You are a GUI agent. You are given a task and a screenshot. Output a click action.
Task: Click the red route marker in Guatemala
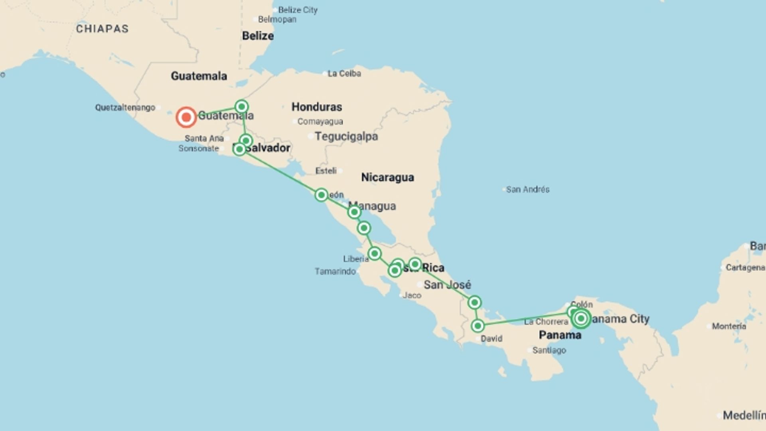[186, 117]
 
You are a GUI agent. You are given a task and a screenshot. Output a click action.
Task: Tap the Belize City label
[298, 10]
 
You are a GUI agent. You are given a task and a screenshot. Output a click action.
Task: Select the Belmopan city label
[277, 20]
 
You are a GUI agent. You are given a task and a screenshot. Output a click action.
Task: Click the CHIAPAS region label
[102, 29]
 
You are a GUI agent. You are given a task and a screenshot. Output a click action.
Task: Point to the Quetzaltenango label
[125, 108]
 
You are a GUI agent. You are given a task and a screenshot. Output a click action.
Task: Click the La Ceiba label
[344, 73]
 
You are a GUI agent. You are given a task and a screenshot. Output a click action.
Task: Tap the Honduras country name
[316, 107]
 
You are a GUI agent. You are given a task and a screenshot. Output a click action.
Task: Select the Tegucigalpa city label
[346, 136]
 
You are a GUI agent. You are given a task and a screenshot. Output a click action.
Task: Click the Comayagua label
[320, 122]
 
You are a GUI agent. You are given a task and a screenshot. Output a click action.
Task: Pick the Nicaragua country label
[387, 177]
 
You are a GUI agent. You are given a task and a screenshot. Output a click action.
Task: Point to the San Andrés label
[527, 190]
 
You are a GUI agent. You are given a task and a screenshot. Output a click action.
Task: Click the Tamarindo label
[335, 272]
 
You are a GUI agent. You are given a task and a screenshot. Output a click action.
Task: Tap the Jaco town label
[412, 295]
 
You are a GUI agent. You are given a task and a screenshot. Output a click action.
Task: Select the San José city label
[447, 285]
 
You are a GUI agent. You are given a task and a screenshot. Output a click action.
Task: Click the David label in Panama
[491, 339]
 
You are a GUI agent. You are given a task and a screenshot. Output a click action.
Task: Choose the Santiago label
[549, 350]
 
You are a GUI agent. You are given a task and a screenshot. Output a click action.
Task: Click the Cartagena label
[745, 268]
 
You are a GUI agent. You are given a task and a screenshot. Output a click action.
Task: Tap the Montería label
[729, 326]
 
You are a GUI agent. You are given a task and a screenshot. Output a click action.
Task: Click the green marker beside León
[321, 195]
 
